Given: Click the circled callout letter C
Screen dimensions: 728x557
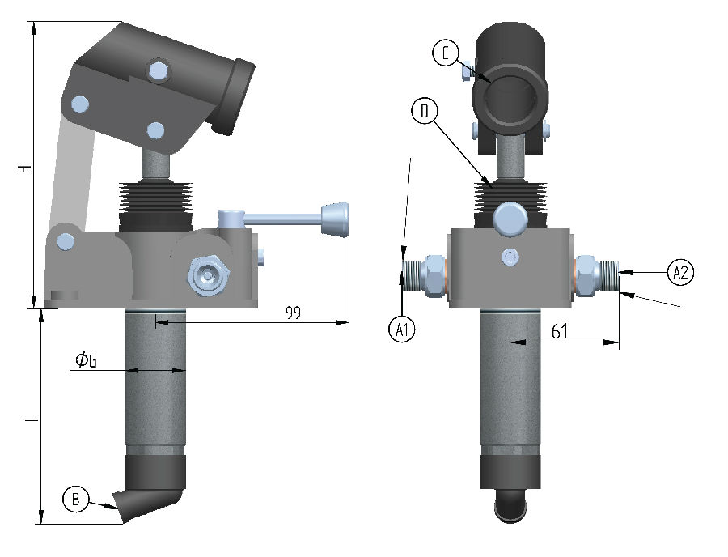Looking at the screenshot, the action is pyautogui.click(x=446, y=53).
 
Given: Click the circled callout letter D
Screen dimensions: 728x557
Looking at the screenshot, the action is pyautogui.click(x=425, y=111).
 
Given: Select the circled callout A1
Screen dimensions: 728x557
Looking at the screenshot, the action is pyautogui.click(x=401, y=330).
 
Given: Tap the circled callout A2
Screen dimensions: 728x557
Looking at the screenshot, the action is pyautogui.click(x=680, y=272).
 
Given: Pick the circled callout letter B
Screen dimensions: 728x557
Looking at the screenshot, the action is pyautogui.click(x=76, y=499).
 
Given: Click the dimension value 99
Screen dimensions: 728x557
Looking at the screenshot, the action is pyautogui.click(x=293, y=313).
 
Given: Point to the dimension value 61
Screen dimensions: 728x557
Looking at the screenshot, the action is pyautogui.click(x=560, y=331).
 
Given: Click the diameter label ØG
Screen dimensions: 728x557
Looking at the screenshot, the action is pyautogui.click(x=87, y=359).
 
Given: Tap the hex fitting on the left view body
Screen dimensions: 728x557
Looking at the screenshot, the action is pyautogui.click(x=208, y=276).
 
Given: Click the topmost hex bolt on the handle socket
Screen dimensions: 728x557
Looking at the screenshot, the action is pyautogui.click(x=159, y=71).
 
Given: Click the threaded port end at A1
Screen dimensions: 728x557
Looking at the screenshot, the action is pyautogui.click(x=411, y=276).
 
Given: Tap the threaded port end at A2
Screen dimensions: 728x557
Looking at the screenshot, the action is pyautogui.click(x=610, y=276).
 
